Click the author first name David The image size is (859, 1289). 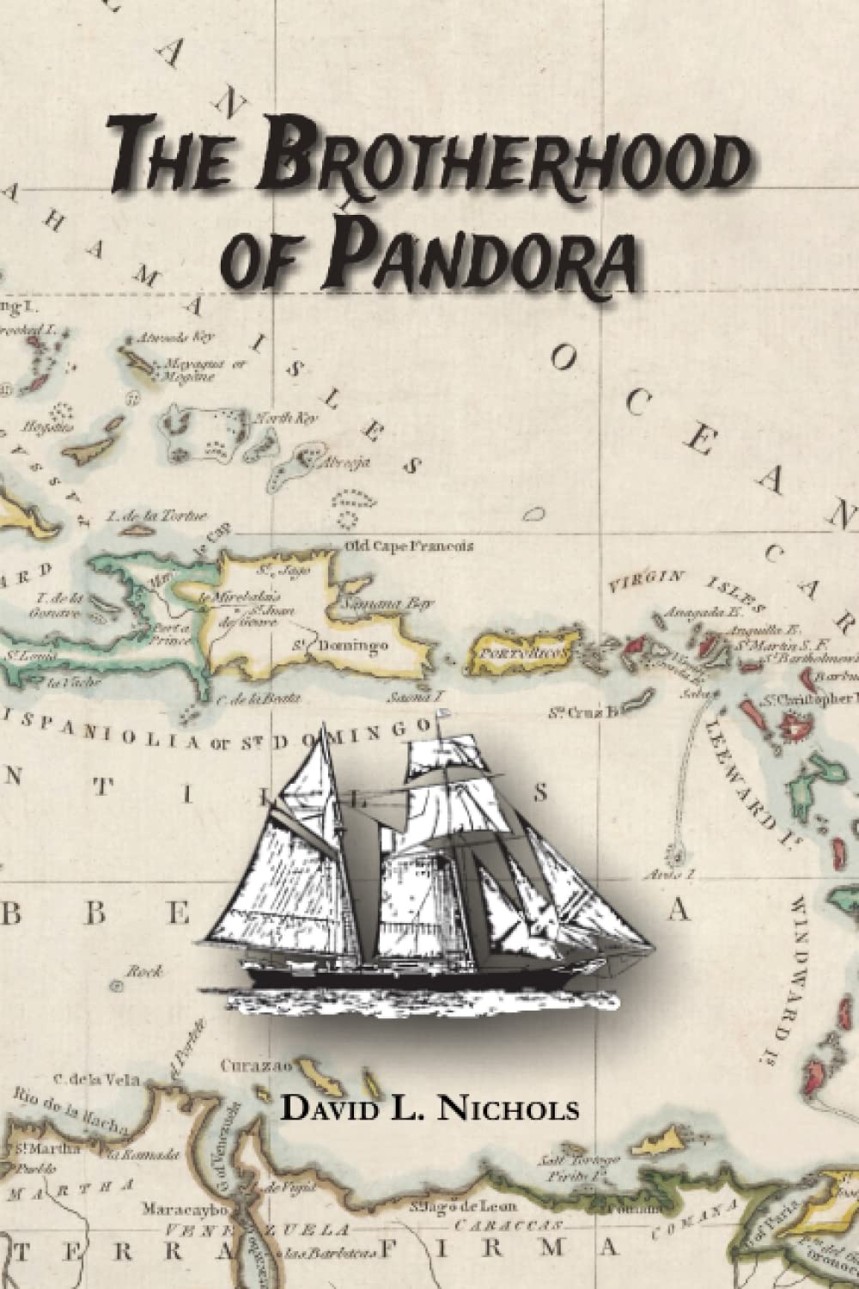coord(331,1109)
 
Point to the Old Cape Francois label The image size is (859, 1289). coord(407,546)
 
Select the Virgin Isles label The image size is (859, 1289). coord(670,584)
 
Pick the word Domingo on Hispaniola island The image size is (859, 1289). coord(356,644)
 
